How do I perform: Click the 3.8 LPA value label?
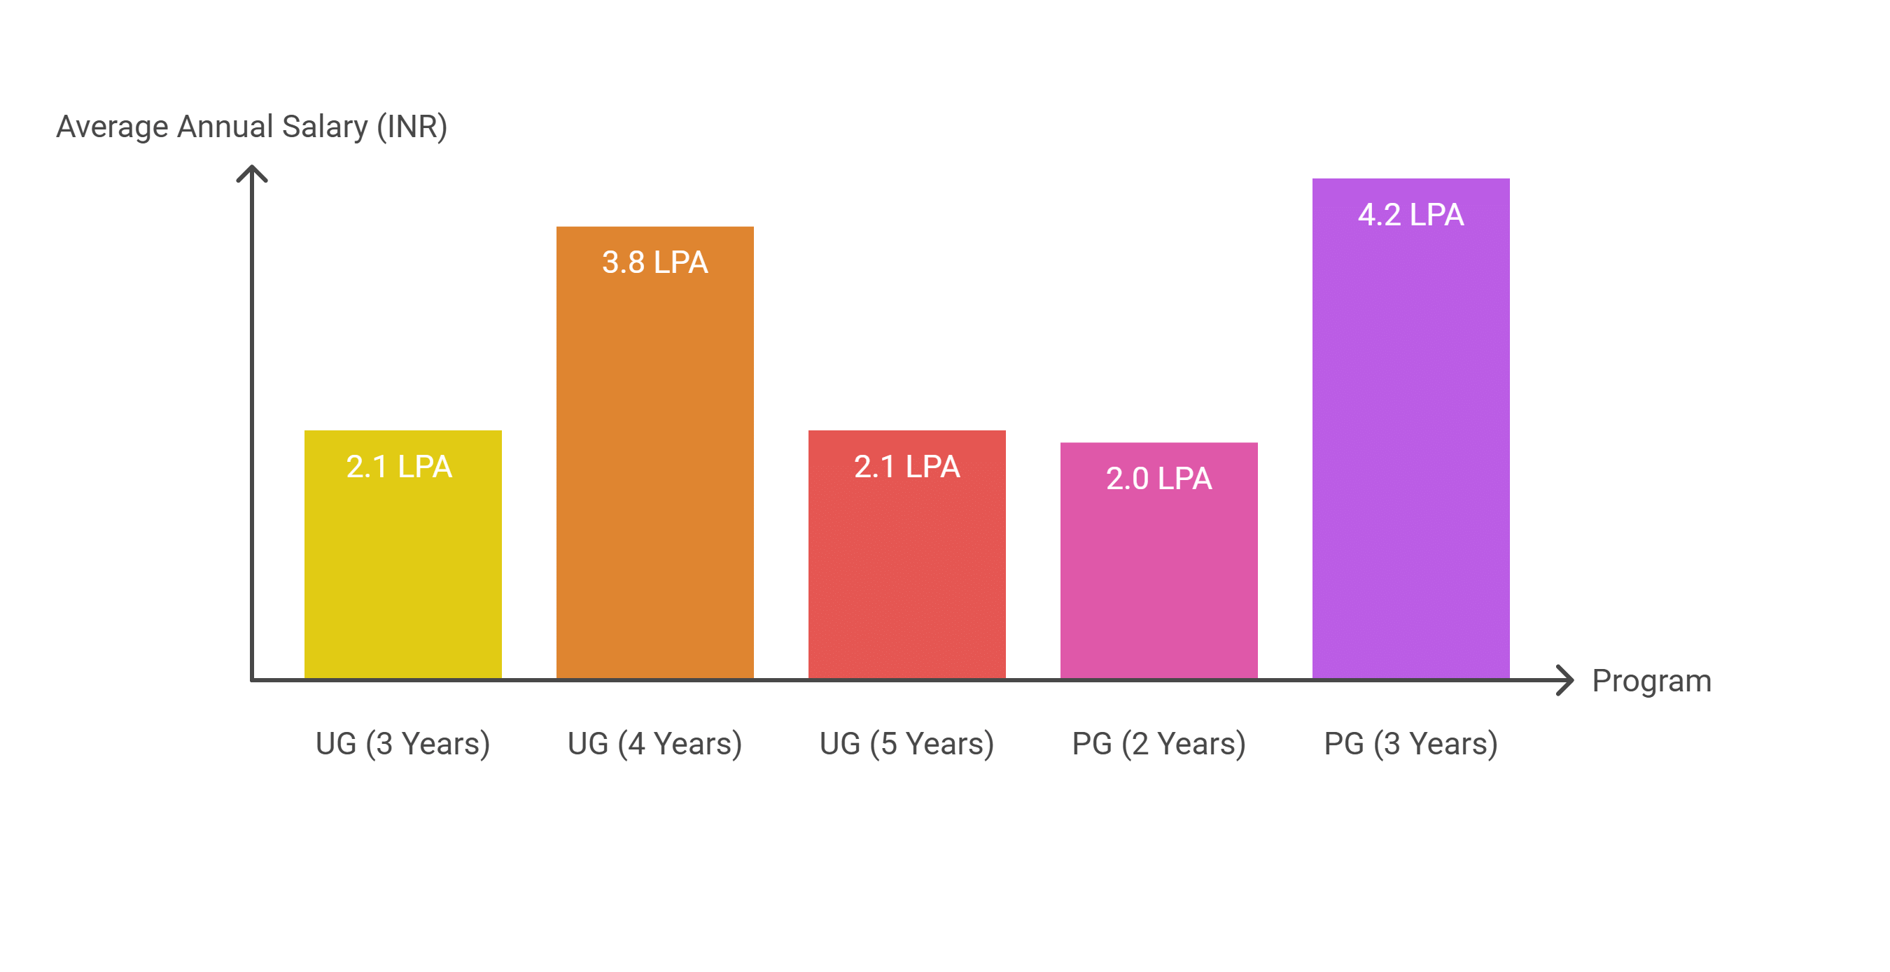coord(654,262)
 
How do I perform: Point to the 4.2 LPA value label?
coord(1410,214)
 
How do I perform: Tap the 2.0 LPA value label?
coord(1158,478)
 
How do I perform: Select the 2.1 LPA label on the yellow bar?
coord(399,467)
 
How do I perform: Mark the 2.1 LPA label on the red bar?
coord(906,467)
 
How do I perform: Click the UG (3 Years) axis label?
coord(402,743)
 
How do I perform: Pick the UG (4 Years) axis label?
coord(654,743)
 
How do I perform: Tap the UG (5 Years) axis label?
coord(906,743)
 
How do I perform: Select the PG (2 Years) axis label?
coord(1158,743)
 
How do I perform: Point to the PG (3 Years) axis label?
coord(1410,743)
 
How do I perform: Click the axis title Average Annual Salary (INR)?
coord(252,126)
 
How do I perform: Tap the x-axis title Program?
coord(1651,681)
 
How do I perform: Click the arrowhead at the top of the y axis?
coord(252,174)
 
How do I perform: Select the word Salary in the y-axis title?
coord(324,126)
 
